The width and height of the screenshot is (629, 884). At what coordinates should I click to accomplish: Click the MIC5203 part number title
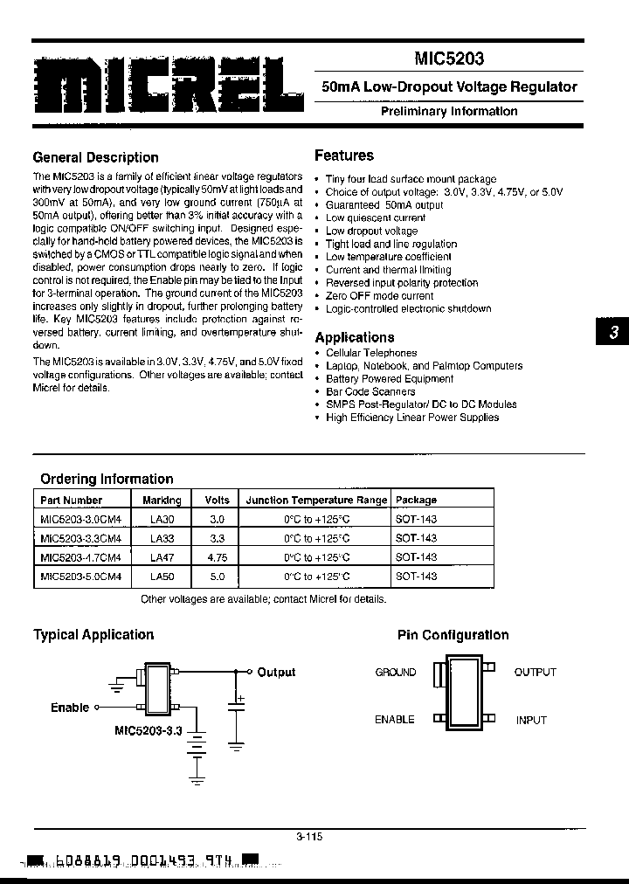[x=448, y=59]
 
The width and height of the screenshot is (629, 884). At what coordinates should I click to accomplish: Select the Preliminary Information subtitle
[x=449, y=111]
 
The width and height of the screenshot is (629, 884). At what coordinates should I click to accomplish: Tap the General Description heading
[x=95, y=157]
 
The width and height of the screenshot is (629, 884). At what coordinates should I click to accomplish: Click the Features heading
[x=344, y=155]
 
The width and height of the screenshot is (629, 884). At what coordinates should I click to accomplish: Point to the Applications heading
[x=355, y=337]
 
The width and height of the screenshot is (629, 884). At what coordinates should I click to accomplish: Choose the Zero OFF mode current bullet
[x=379, y=295]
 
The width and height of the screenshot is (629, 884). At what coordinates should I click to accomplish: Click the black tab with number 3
[x=613, y=333]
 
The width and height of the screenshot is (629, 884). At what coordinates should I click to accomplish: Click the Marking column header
[x=162, y=501]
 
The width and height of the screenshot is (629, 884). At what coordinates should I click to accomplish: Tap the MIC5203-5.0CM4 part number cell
[x=80, y=577]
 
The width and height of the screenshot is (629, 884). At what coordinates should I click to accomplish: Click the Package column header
[x=417, y=501]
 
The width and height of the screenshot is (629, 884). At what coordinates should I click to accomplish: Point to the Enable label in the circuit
[x=70, y=708]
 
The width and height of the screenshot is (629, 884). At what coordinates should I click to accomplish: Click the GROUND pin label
[x=396, y=672]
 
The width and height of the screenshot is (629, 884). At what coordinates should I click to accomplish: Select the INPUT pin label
[x=530, y=721]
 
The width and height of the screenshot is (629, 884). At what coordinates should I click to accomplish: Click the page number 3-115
[x=308, y=836]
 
